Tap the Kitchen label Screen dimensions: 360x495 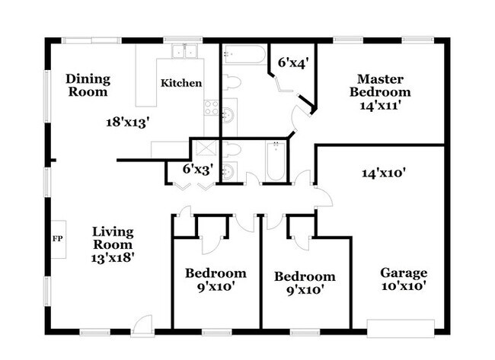tap(181, 83)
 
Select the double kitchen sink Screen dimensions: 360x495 tap(184, 52)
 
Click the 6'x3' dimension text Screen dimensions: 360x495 tap(196, 170)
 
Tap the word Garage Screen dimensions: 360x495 tap(403, 273)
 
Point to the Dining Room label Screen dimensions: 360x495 tap(88, 85)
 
